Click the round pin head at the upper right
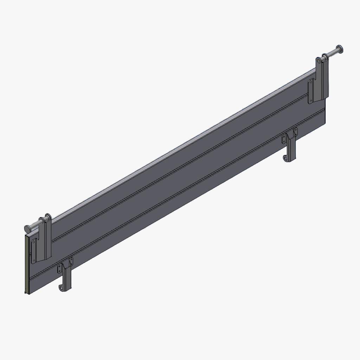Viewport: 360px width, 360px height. [340, 49]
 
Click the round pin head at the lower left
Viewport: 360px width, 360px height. [27, 229]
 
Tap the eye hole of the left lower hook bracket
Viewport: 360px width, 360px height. [62, 288]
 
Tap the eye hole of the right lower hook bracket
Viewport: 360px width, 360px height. [287, 159]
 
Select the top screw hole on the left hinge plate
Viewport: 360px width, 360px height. [34, 242]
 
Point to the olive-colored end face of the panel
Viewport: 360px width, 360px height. [26, 264]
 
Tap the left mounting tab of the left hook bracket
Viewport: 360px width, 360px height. [60, 269]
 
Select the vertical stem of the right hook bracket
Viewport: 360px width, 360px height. [292, 149]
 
